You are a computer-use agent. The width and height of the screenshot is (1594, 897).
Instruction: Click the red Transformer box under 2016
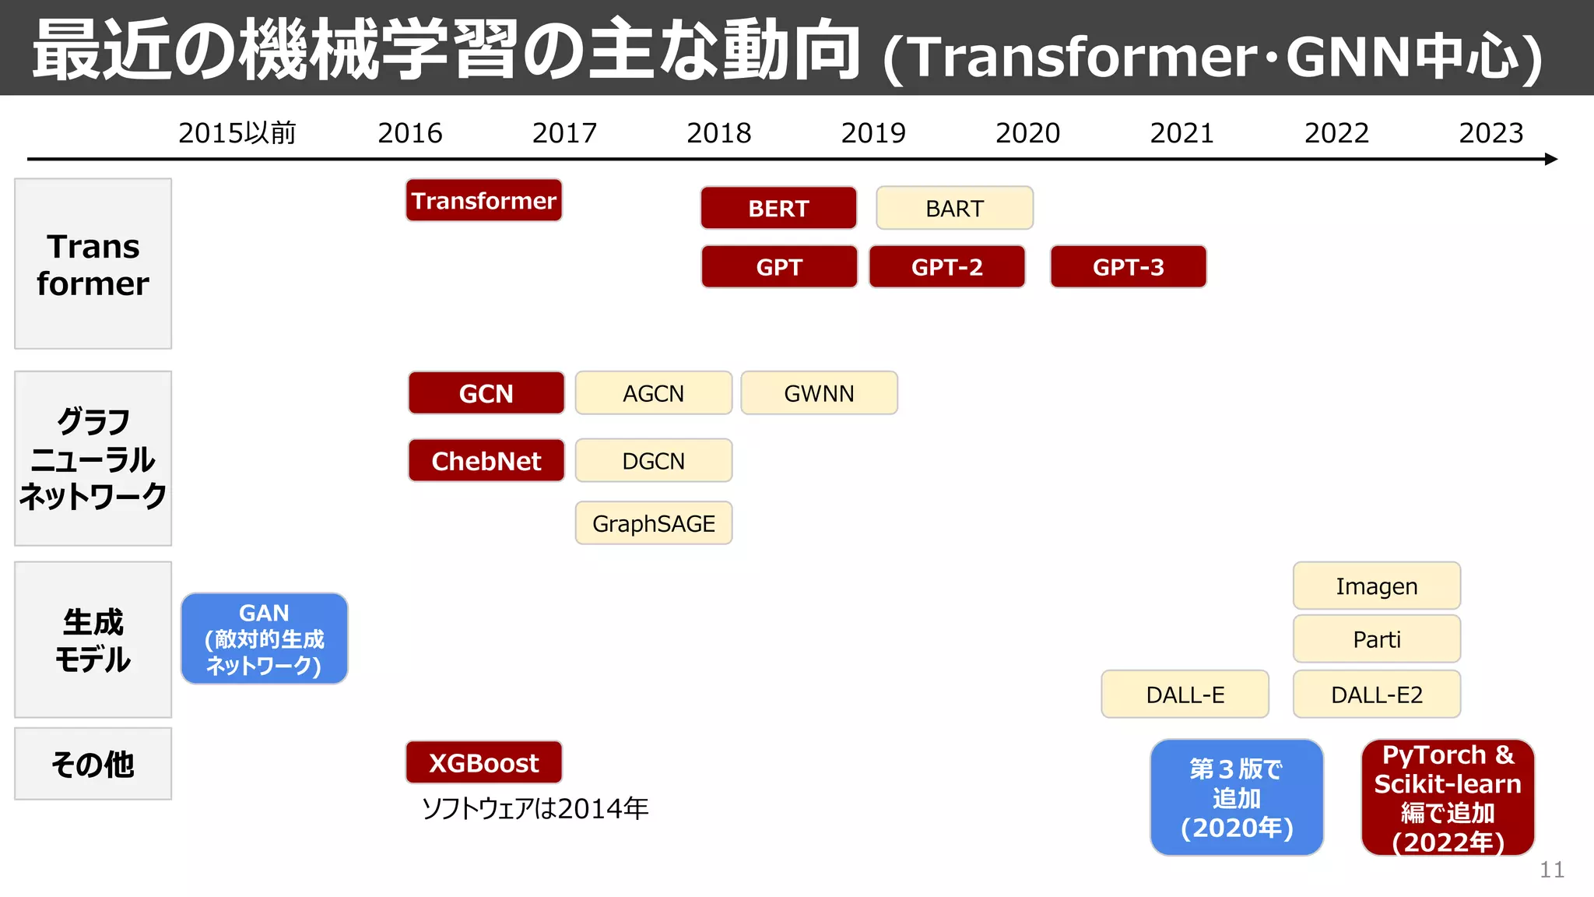(483, 201)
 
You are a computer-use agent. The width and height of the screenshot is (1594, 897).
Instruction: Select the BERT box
(778, 208)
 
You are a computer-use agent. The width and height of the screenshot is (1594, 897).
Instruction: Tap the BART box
(954, 208)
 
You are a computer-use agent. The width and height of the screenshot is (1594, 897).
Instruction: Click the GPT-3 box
(1128, 267)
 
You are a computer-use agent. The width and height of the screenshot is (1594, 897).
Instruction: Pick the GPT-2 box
(946, 267)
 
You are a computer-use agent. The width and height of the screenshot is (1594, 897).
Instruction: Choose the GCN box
(486, 393)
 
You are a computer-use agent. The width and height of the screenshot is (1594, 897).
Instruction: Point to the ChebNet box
(486, 461)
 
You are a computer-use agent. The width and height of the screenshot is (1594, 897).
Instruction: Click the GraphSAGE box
(653, 523)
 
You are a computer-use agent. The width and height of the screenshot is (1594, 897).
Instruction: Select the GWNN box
(819, 393)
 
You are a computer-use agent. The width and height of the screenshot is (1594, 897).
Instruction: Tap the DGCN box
(653, 461)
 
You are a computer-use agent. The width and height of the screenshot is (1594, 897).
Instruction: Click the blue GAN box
(264, 638)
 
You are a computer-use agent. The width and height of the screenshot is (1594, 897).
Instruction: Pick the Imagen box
(1376, 586)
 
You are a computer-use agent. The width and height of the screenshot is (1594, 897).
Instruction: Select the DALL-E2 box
(1376, 694)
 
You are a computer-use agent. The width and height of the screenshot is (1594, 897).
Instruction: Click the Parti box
(1376, 639)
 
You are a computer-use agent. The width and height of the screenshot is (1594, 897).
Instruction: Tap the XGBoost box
(483, 762)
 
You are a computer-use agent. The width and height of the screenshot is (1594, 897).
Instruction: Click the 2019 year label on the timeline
(873, 133)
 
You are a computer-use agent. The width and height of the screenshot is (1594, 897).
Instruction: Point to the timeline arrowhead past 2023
(1550, 159)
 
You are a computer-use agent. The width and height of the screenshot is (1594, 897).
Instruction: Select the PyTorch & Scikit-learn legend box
(1447, 797)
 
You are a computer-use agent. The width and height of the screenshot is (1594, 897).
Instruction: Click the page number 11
(1551, 870)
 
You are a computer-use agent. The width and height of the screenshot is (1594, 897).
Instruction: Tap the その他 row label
(93, 764)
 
